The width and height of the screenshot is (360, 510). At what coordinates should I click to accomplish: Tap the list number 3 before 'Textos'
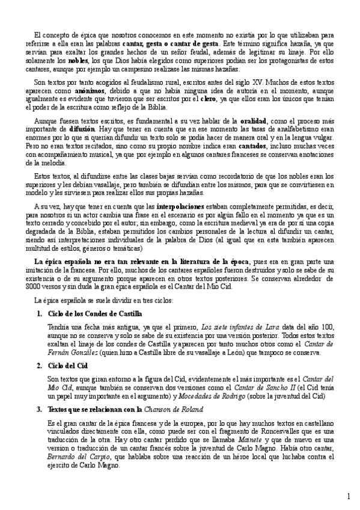click(x=39, y=409)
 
